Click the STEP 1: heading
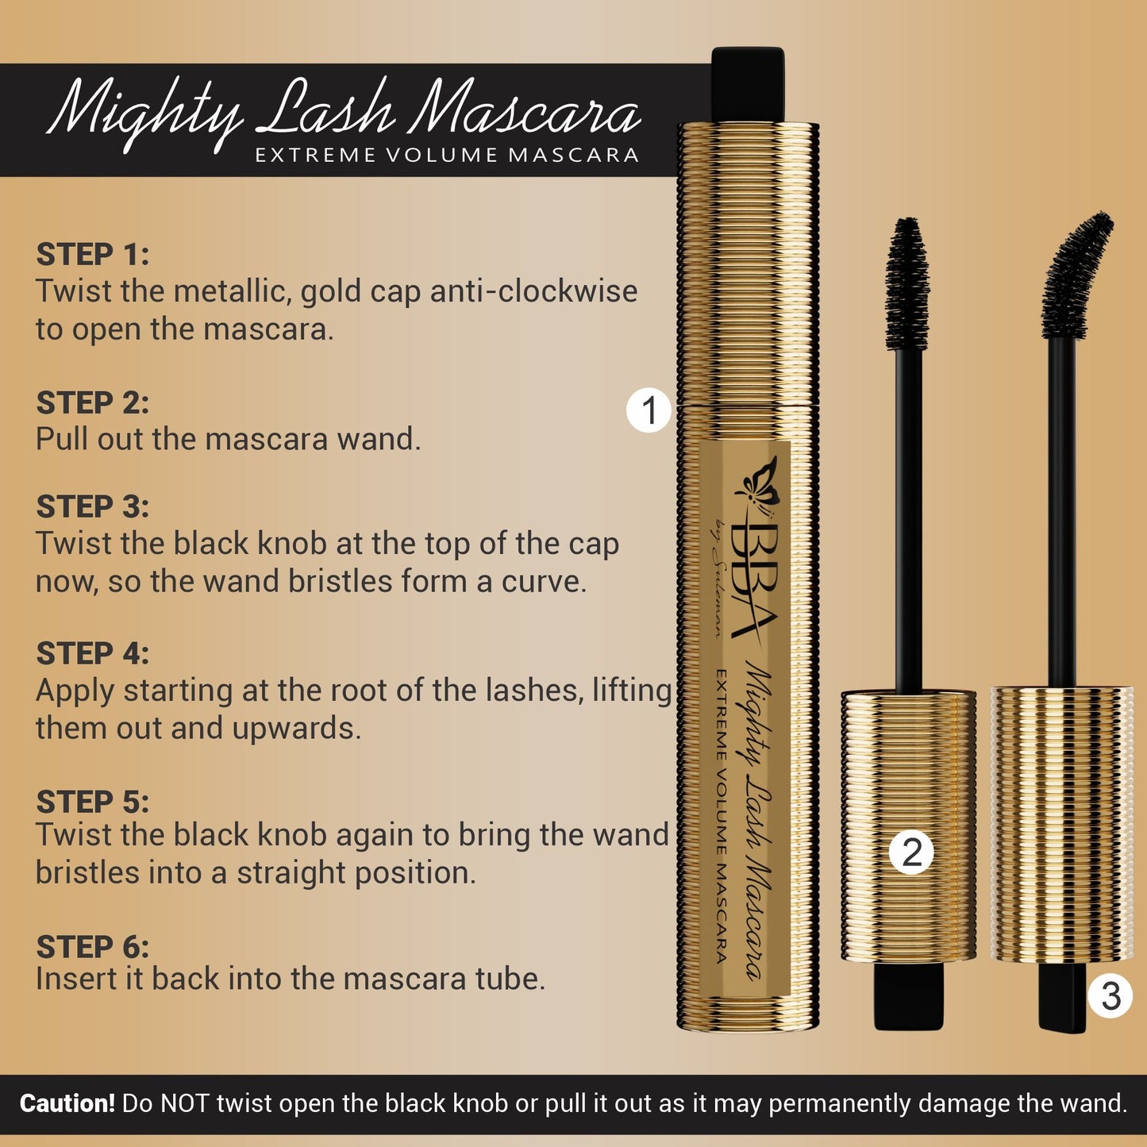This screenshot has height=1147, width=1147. click(x=92, y=255)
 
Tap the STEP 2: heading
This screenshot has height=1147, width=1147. click(x=92, y=402)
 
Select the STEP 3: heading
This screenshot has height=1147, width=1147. click(x=92, y=506)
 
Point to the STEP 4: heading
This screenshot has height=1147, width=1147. click(x=92, y=653)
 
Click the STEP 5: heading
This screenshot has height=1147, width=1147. click(x=92, y=802)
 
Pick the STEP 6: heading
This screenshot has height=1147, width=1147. click(x=92, y=947)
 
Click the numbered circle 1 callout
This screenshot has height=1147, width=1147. click(x=649, y=410)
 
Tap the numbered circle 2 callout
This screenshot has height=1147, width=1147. click(x=912, y=853)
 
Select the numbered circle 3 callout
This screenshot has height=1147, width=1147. click(x=1110, y=995)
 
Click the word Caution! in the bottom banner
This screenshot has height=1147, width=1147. click(x=67, y=1103)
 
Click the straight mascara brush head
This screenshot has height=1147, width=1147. click(x=907, y=283)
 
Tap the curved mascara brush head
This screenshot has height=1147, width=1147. click(x=1076, y=274)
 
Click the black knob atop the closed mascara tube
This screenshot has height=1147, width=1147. click(x=747, y=84)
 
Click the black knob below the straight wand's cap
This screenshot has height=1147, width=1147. click(x=909, y=995)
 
